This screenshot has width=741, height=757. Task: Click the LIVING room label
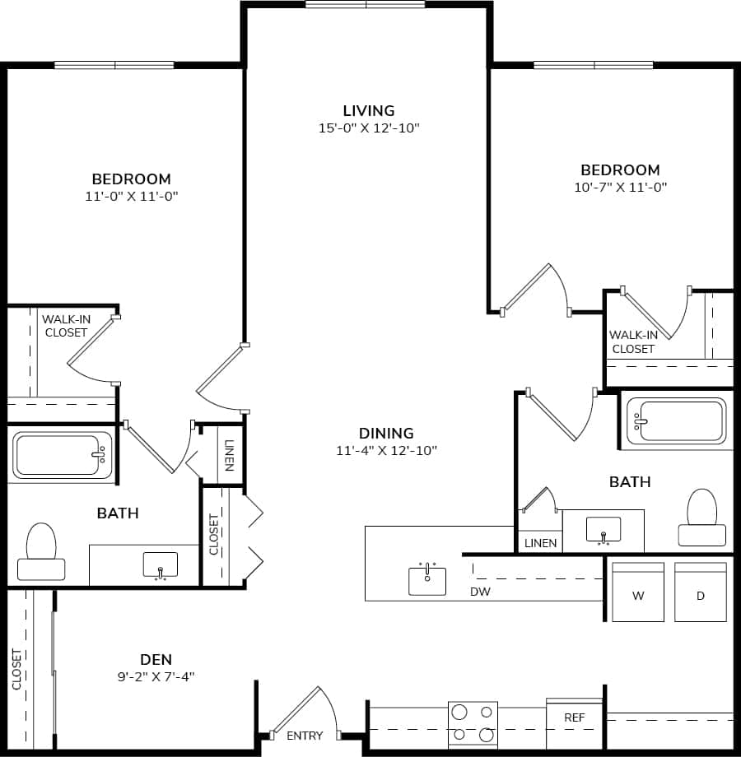(x=369, y=110)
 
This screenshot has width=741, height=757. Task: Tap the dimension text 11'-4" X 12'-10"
(x=386, y=450)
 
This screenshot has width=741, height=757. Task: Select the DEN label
(x=156, y=659)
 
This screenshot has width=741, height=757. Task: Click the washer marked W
(x=637, y=593)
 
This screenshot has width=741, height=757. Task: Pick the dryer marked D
(x=701, y=593)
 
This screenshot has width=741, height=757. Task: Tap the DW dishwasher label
(x=480, y=592)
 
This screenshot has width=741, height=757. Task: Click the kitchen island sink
(x=427, y=579)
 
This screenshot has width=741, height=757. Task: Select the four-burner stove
(x=473, y=722)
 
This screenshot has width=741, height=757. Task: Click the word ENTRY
(x=305, y=736)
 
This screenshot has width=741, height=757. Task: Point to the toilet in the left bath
(x=41, y=552)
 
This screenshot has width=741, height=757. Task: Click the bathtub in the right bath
(x=675, y=420)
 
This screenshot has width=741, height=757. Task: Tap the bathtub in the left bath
(x=63, y=455)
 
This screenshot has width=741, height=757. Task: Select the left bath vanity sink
(x=160, y=564)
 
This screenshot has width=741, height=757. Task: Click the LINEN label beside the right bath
(x=540, y=543)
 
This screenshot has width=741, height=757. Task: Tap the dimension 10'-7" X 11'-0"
(x=620, y=187)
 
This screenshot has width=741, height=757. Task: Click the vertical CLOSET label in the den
(x=17, y=668)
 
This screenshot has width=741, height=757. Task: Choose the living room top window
(x=366, y=4)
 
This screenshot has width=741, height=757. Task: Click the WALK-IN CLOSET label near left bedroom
(x=66, y=326)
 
